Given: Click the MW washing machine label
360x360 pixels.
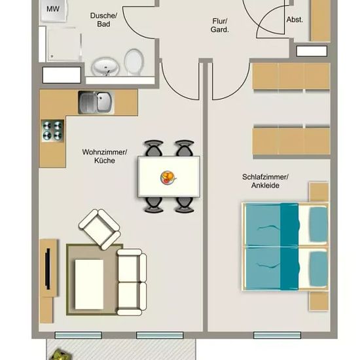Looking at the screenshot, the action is click(x=53, y=9).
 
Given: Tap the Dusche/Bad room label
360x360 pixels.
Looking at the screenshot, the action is click(x=103, y=20).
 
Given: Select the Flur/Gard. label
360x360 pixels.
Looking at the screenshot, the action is click(x=220, y=26).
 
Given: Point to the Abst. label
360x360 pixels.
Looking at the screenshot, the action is click(x=295, y=20).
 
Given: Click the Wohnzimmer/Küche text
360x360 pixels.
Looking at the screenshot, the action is click(x=105, y=156).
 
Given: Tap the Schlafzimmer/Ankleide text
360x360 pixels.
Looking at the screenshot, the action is click(x=265, y=181).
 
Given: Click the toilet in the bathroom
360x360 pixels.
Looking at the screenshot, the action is click(x=134, y=62).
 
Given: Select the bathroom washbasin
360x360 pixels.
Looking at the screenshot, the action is click(x=105, y=67).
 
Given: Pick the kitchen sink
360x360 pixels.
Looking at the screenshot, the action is click(x=96, y=103).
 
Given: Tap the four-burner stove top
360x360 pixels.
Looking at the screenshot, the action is click(x=52, y=131).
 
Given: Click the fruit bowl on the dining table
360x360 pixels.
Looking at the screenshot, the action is click(x=168, y=177).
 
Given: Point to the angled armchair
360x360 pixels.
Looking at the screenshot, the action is click(x=99, y=229).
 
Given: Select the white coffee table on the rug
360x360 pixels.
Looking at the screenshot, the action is click(x=89, y=284).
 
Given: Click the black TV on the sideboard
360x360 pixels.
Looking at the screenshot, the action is click(x=48, y=269).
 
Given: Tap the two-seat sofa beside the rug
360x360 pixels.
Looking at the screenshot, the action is click(x=132, y=282).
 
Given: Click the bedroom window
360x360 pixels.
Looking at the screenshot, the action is click(x=277, y=335).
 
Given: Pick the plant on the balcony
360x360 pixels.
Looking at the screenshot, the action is click(x=59, y=355).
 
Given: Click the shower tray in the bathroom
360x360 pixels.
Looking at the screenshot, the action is click(x=64, y=45).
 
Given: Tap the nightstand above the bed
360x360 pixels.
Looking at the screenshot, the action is click(x=319, y=192).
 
